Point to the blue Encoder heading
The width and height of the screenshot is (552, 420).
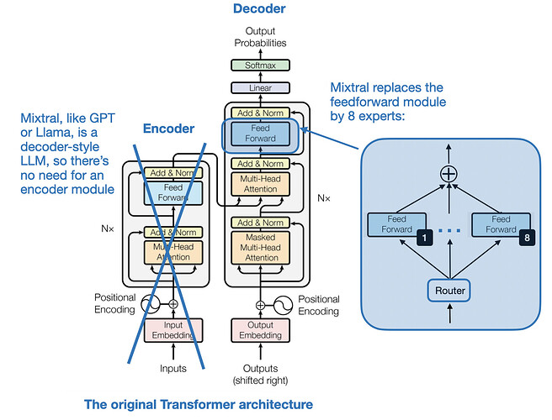pyautogui.click(x=167, y=129)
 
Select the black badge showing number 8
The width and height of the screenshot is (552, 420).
pyautogui.click(x=527, y=239)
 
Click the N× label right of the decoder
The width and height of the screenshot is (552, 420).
pyautogui.click(x=324, y=199)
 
